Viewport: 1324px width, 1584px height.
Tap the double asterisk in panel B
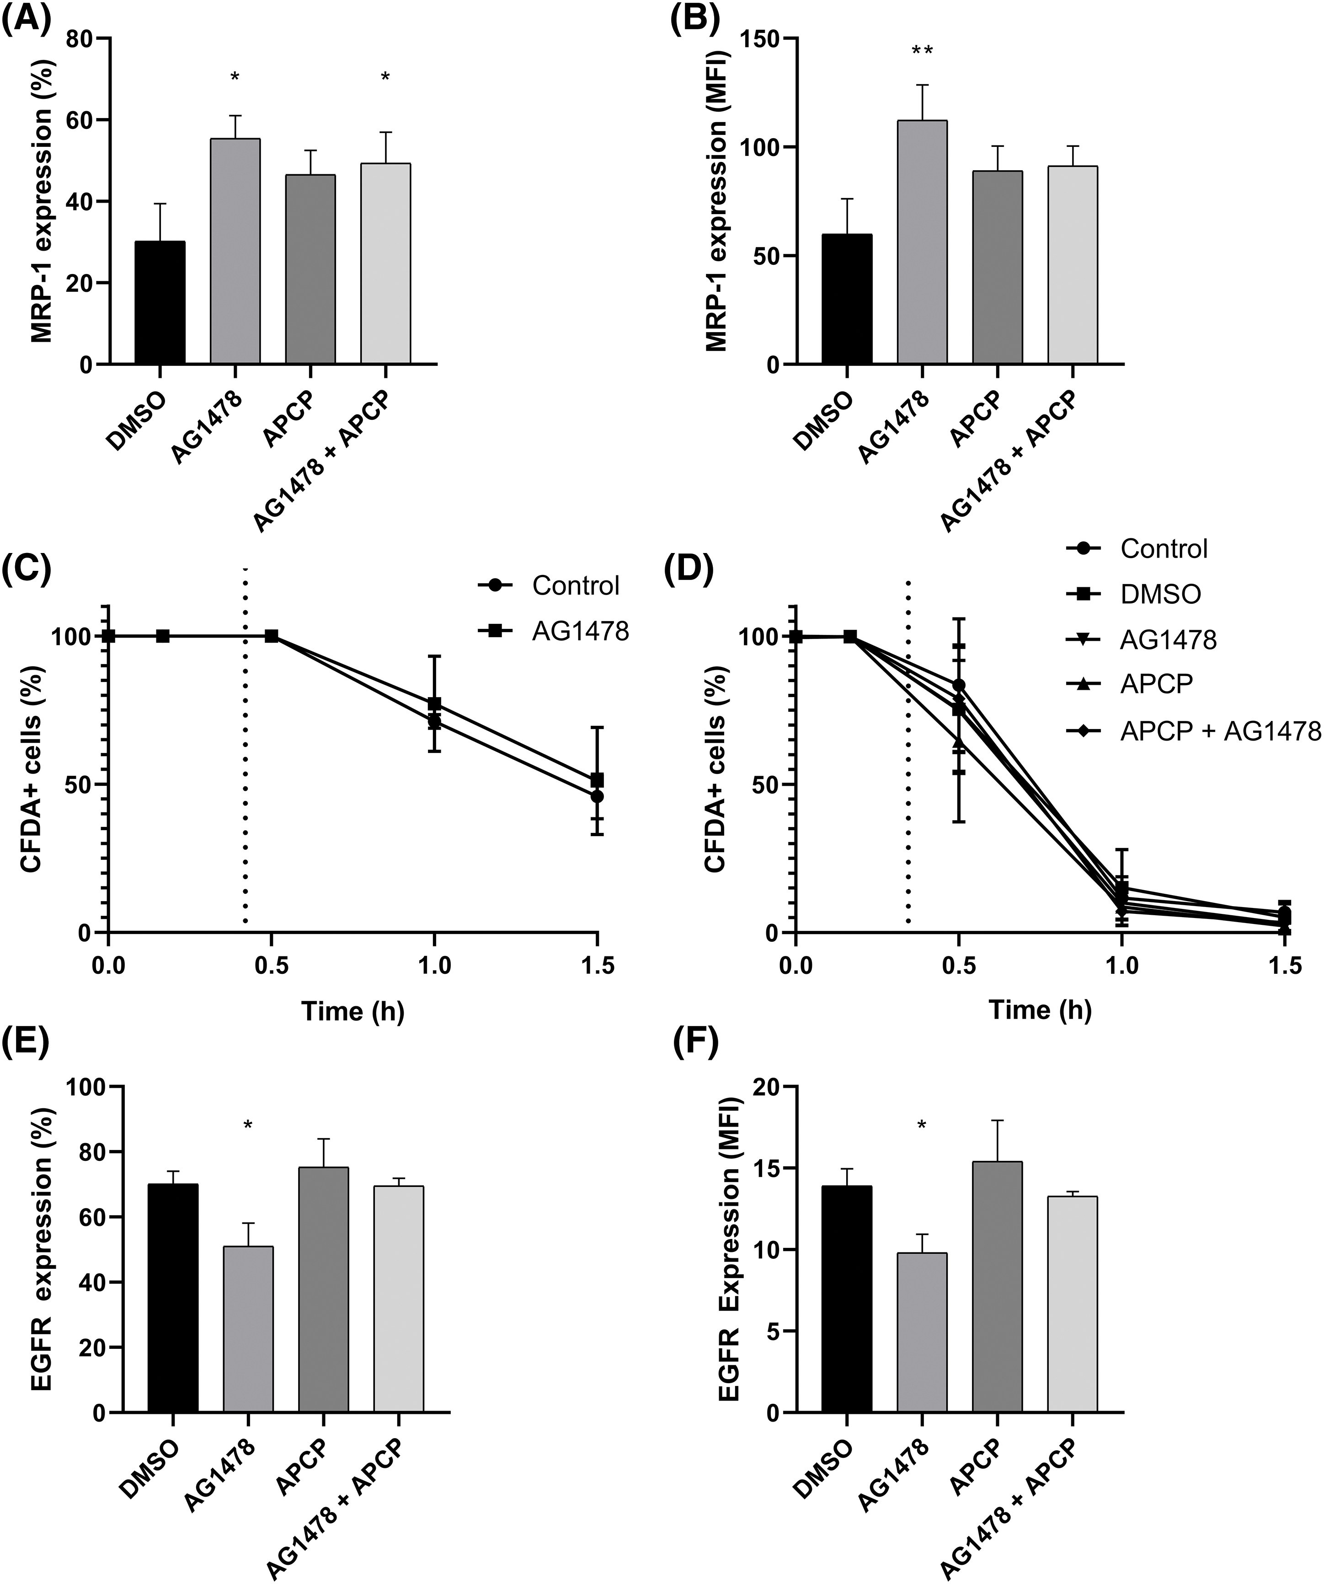click(922, 51)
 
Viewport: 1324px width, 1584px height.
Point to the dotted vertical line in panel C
click(245, 754)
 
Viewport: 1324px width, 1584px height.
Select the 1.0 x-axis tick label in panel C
click(434, 966)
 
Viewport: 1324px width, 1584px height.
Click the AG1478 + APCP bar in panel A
click(385, 264)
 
